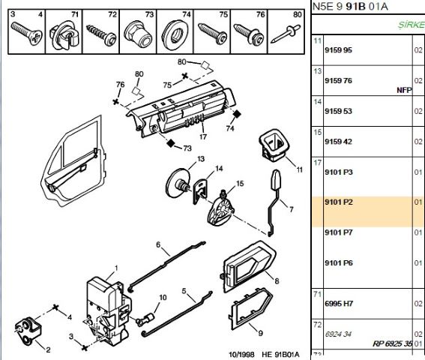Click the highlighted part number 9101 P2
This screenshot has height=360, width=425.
[x=339, y=202]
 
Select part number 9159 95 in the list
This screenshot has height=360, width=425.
[x=338, y=50]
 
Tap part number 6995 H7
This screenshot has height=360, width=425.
[x=339, y=304]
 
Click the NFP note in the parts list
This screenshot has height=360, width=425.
[x=404, y=90]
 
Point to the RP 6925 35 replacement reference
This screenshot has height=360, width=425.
[x=392, y=343]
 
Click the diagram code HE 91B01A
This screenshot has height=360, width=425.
[x=280, y=354]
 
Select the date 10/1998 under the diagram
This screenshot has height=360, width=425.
[x=242, y=354]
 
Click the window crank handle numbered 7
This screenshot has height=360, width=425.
[x=274, y=202]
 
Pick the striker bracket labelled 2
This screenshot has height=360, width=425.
[x=28, y=330]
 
